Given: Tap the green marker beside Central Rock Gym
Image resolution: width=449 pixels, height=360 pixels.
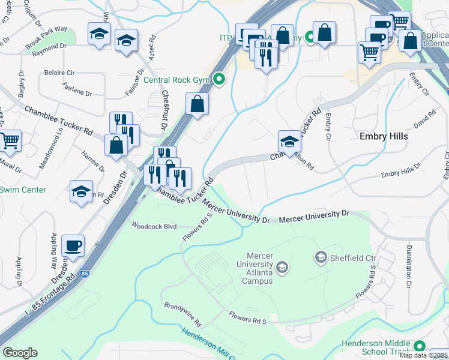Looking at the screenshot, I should point(220,79).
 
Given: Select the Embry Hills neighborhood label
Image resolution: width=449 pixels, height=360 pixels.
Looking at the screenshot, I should point(384,136).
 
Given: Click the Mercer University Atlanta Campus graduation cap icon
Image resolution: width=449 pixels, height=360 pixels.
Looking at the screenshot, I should point(282,267).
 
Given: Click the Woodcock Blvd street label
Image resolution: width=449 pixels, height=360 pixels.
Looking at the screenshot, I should point(154,226).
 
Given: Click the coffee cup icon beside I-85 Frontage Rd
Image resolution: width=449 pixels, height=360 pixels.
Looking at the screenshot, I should point(73,245).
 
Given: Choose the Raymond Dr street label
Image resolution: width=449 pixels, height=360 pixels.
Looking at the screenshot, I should point(50,47).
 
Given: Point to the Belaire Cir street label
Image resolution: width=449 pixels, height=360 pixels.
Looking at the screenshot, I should point(59,72).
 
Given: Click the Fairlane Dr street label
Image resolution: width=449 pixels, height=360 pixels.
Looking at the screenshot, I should point(77,94).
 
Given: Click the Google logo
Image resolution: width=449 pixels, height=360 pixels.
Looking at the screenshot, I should point(20,353).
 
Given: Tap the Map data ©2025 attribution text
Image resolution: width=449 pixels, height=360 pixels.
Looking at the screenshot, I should point(424,356).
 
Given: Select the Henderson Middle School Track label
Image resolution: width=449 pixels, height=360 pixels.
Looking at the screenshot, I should point(376,348).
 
